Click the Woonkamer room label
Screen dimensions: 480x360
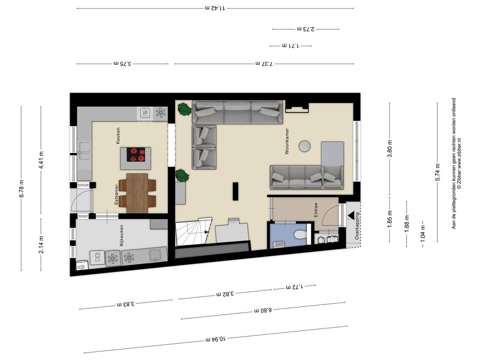click(287, 141)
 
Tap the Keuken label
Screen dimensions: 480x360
click(118, 135)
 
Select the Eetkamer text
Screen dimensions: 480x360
click(117, 195)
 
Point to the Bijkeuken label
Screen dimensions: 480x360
click(121, 236)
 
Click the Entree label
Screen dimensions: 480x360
click(316, 210)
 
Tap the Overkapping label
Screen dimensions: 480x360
click(357, 226)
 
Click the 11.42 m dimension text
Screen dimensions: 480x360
click(215, 8)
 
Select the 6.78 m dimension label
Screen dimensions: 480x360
click(22, 189)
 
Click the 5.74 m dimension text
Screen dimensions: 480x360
click(437, 172)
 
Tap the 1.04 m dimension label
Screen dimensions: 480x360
click(423, 232)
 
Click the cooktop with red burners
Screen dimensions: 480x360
click(135, 155)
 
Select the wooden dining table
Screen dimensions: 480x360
click(137, 193)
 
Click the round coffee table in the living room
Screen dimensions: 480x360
click(305, 146)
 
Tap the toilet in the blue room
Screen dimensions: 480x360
click(300, 234)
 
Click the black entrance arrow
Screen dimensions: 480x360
click(351, 216)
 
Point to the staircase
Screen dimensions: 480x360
click(193, 232)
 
